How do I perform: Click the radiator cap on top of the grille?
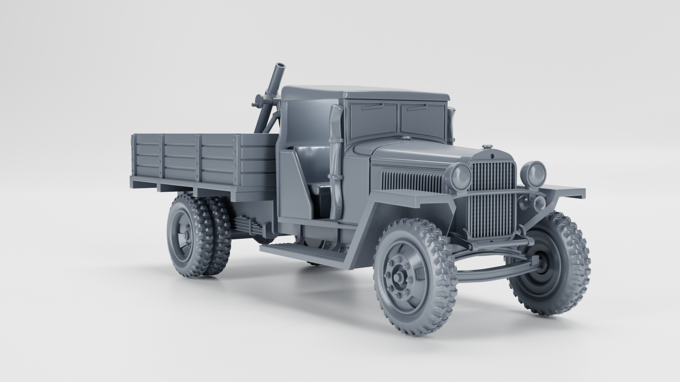tap(487, 146)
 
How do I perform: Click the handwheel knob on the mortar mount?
tap(254, 105)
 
